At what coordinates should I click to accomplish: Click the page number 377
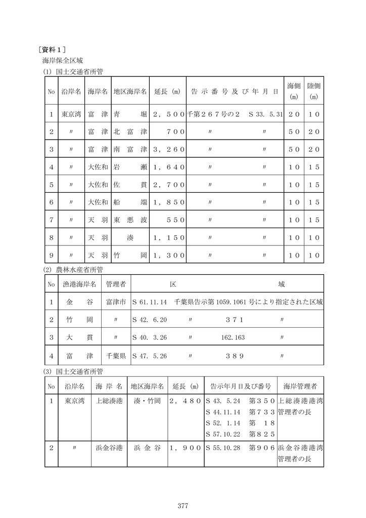182,505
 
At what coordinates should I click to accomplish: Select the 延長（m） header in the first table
167,92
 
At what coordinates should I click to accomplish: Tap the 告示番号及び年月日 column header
235,92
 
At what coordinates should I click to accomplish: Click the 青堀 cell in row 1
130,115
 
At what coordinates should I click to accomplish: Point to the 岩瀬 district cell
130,167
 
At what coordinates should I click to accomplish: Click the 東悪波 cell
130,220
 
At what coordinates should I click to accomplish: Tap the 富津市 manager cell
116,303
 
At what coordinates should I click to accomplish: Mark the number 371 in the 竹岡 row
235,320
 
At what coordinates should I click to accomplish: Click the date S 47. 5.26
150,356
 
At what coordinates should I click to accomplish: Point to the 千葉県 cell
116,356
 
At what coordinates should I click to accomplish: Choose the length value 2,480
186,401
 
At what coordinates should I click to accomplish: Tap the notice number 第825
262,434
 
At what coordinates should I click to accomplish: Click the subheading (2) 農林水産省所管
74,269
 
